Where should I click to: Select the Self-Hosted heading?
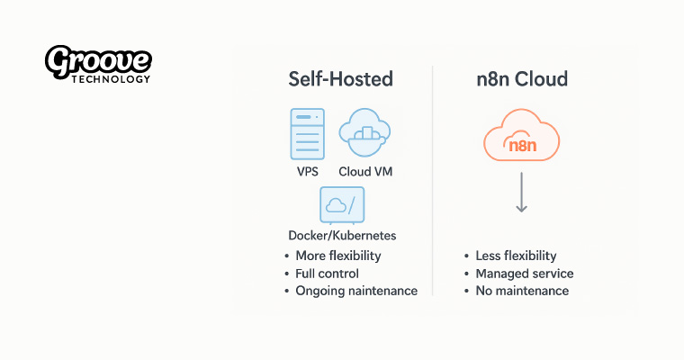(x=340, y=79)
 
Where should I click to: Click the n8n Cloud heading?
(x=522, y=79)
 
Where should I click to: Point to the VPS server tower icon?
(x=307, y=134)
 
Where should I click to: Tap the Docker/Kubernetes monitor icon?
(x=342, y=205)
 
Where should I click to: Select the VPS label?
(x=307, y=171)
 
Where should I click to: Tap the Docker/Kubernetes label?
(x=342, y=236)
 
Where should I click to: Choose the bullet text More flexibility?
(x=338, y=256)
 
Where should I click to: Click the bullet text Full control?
(x=327, y=274)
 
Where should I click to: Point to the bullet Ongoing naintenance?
(x=356, y=291)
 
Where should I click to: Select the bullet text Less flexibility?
(x=516, y=256)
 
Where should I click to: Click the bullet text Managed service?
(x=524, y=274)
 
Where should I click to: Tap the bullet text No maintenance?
(x=522, y=291)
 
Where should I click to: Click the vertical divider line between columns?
(x=434, y=180)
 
